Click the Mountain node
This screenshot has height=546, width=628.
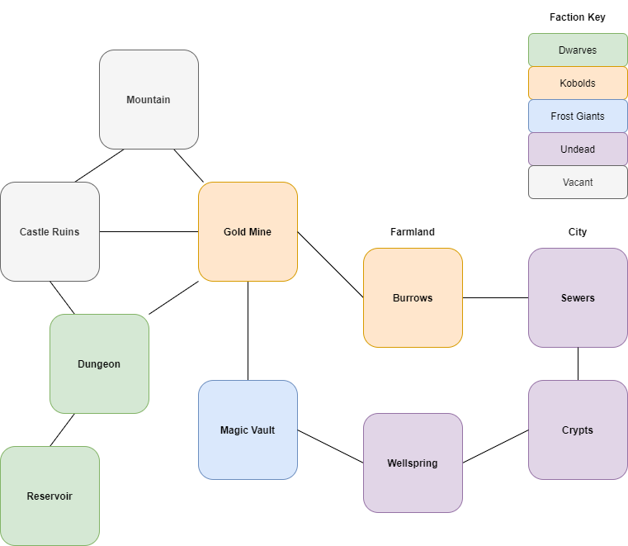click(149, 99)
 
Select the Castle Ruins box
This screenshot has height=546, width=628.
click(50, 231)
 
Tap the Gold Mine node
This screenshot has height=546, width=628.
click(248, 231)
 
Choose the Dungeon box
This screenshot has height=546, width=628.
click(99, 363)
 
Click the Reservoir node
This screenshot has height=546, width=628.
click(50, 496)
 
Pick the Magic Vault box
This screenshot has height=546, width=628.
click(248, 430)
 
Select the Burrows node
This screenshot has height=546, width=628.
click(413, 297)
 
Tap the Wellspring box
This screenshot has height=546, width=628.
click(413, 463)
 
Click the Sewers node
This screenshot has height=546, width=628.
click(578, 297)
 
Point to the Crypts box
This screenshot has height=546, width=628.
click(578, 430)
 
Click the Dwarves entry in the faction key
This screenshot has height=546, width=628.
click(578, 50)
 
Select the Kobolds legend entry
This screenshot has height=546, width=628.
click(578, 83)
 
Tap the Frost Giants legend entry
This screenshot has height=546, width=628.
click(578, 116)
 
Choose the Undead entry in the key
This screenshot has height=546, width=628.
click(578, 149)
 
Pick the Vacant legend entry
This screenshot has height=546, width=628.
click(578, 182)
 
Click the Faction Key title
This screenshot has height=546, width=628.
click(578, 17)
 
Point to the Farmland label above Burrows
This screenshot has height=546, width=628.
click(413, 232)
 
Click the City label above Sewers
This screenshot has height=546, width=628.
click(578, 232)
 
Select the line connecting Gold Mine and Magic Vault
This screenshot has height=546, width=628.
click(248, 330)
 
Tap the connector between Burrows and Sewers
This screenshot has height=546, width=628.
click(495, 297)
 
